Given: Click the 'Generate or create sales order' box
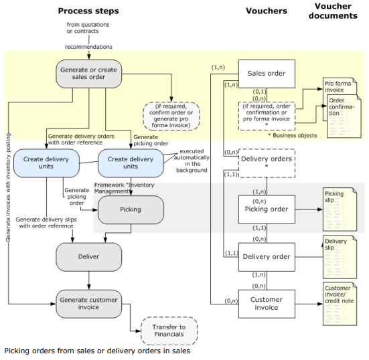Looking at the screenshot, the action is (88, 74).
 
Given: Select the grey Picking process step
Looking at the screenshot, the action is (131, 209).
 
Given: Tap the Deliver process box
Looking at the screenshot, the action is (88, 257).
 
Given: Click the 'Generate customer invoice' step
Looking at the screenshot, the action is (88, 304).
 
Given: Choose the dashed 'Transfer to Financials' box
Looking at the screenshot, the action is (169, 331).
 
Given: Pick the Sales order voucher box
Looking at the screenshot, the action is (267, 74).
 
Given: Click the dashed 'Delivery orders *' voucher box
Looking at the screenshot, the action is (267, 163).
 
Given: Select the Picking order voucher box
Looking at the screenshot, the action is (267, 209).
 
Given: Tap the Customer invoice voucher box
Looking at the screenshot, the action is (267, 304).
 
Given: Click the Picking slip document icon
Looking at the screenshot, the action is (340, 209).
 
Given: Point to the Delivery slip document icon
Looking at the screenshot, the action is (340, 257).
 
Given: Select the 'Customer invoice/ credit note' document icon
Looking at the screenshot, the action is (340, 304).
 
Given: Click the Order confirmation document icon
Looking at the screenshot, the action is (344, 116).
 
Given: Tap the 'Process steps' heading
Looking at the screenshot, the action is (88, 11).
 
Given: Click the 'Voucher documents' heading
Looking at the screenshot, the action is (333, 11).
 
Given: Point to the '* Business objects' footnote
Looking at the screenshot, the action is (293, 135).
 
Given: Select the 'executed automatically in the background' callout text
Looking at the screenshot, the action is (192, 161).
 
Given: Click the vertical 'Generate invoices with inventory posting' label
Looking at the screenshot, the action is (8, 187).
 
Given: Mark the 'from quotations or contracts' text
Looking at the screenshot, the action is (88, 27).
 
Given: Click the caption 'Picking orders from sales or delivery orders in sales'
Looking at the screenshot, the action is (97, 351).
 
